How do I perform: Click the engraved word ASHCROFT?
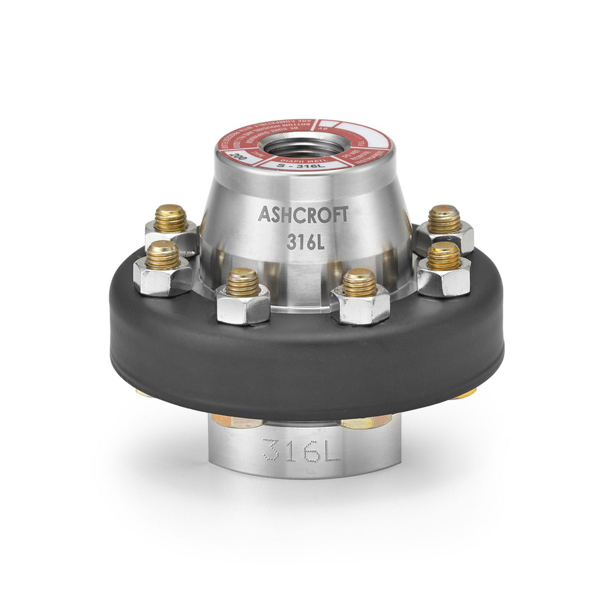303,214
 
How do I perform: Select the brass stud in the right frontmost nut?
359,282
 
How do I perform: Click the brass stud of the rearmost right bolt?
444,219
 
